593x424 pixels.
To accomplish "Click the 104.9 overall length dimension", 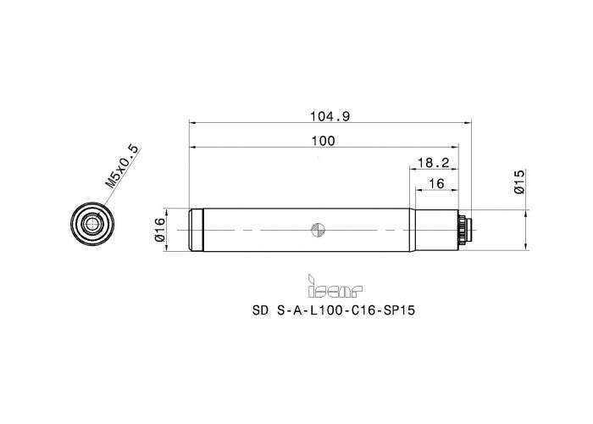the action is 330,117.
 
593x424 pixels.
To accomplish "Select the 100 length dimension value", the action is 324,141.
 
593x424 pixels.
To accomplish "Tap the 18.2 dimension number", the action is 433,163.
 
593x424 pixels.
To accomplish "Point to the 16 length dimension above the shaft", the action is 437,184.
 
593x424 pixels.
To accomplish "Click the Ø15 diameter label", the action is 519,181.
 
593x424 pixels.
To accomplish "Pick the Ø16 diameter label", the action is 160,230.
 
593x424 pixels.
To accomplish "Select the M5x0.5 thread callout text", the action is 122,167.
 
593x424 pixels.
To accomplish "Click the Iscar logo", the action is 335,286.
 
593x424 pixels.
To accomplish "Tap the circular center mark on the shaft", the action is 318,230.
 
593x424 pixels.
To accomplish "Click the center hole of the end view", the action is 91,225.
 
